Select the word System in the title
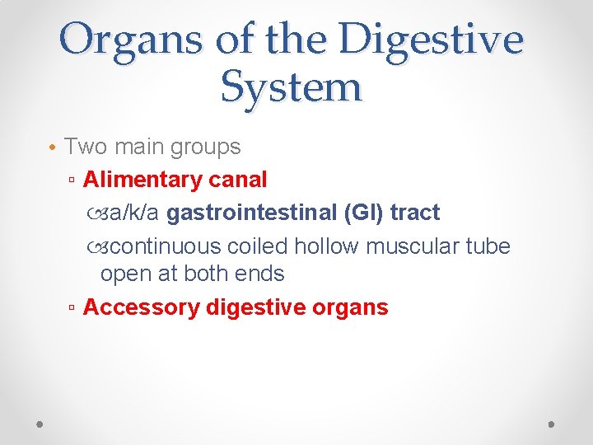tap(291, 86)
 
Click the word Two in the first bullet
tap(86, 147)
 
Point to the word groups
tap(204, 148)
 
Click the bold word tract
tap(415, 212)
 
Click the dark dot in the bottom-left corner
tap(40, 423)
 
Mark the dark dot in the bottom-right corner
tap(552, 423)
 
